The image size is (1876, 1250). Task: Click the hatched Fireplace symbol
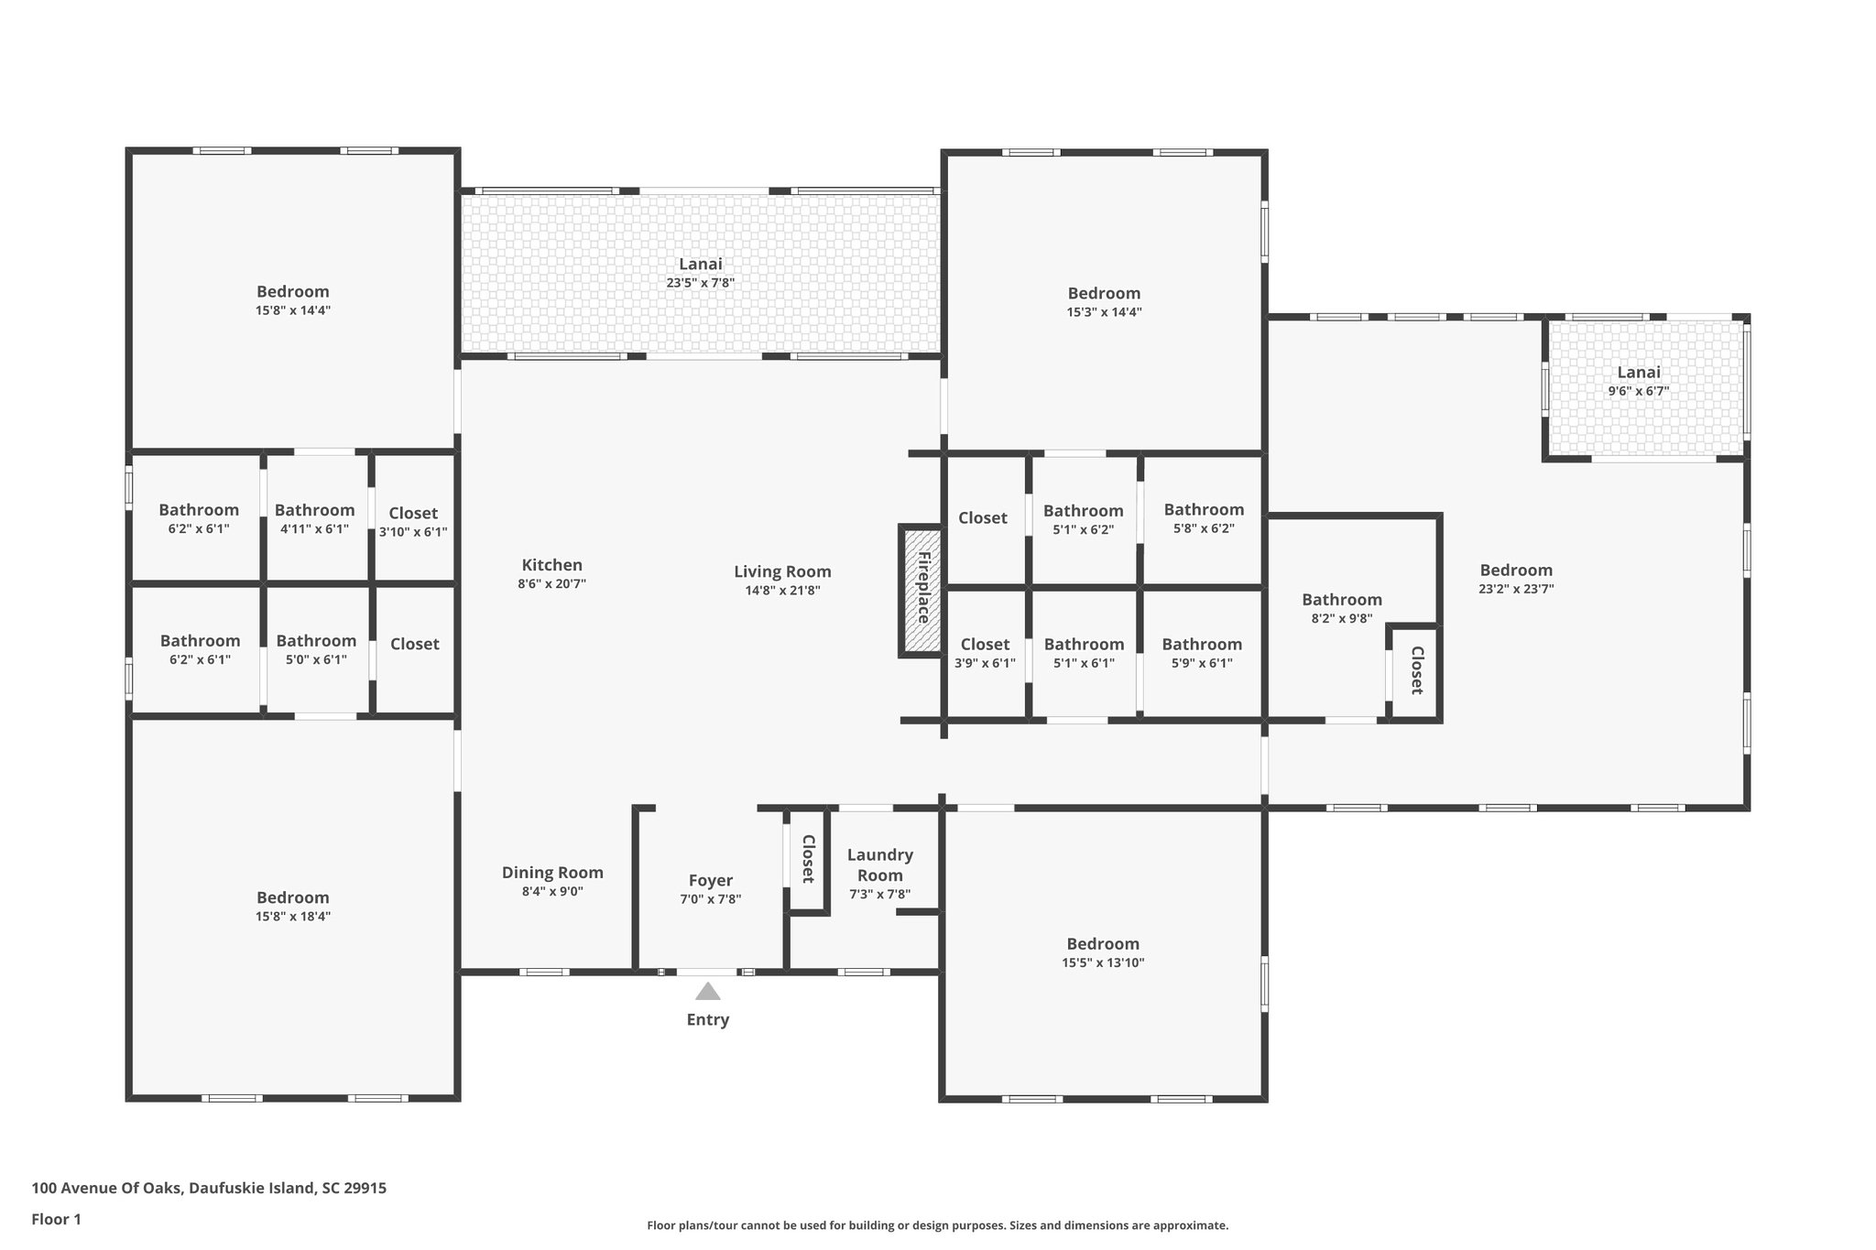(922, 590)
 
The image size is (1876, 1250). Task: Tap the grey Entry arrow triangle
(707, 992)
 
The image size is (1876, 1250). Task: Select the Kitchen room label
(551, 566)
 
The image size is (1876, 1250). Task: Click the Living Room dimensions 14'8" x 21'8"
(782, 591)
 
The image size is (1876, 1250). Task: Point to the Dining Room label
(552, 873)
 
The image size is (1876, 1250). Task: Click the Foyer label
(710, 881)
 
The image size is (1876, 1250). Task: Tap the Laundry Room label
(879, 864)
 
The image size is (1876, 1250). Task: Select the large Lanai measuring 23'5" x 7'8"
(700, 273)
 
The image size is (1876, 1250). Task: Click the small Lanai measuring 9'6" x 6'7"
(1638, 381)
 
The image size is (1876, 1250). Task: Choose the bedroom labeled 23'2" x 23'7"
(1515, 579)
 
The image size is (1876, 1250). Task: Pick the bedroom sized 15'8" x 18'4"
(292, 907)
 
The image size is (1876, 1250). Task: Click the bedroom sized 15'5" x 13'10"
(1103, 952)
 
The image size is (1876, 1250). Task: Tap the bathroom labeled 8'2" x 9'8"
(1341, 608)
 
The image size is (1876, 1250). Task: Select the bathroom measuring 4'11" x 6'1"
(314, 519)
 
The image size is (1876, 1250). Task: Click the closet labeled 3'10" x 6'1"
(413, 522)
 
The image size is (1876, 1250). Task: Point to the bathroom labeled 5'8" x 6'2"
(1203, 518)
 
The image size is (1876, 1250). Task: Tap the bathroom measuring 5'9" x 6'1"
(1201, 653)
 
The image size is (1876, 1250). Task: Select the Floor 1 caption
(57, 1219)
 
